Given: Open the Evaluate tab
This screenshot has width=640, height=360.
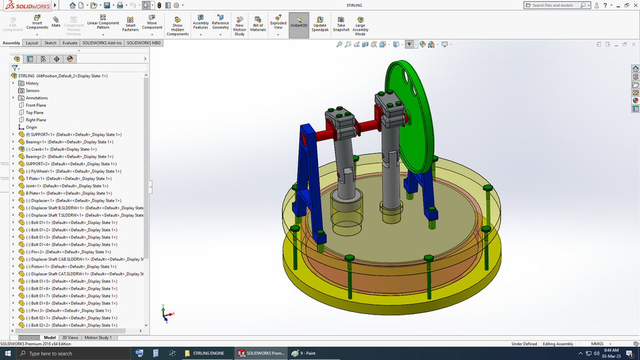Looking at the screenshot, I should pos(70,43).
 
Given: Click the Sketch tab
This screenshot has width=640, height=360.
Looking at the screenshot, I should pos(50,43).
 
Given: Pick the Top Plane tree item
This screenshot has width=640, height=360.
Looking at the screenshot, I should pos(35,113).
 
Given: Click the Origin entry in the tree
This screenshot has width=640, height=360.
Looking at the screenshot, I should pos(31,127).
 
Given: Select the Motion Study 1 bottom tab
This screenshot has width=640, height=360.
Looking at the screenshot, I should pos(98,337).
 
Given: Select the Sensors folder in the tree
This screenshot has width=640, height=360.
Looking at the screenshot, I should pos(32,91).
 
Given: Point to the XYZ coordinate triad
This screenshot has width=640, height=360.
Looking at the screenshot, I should pos(167,312).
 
